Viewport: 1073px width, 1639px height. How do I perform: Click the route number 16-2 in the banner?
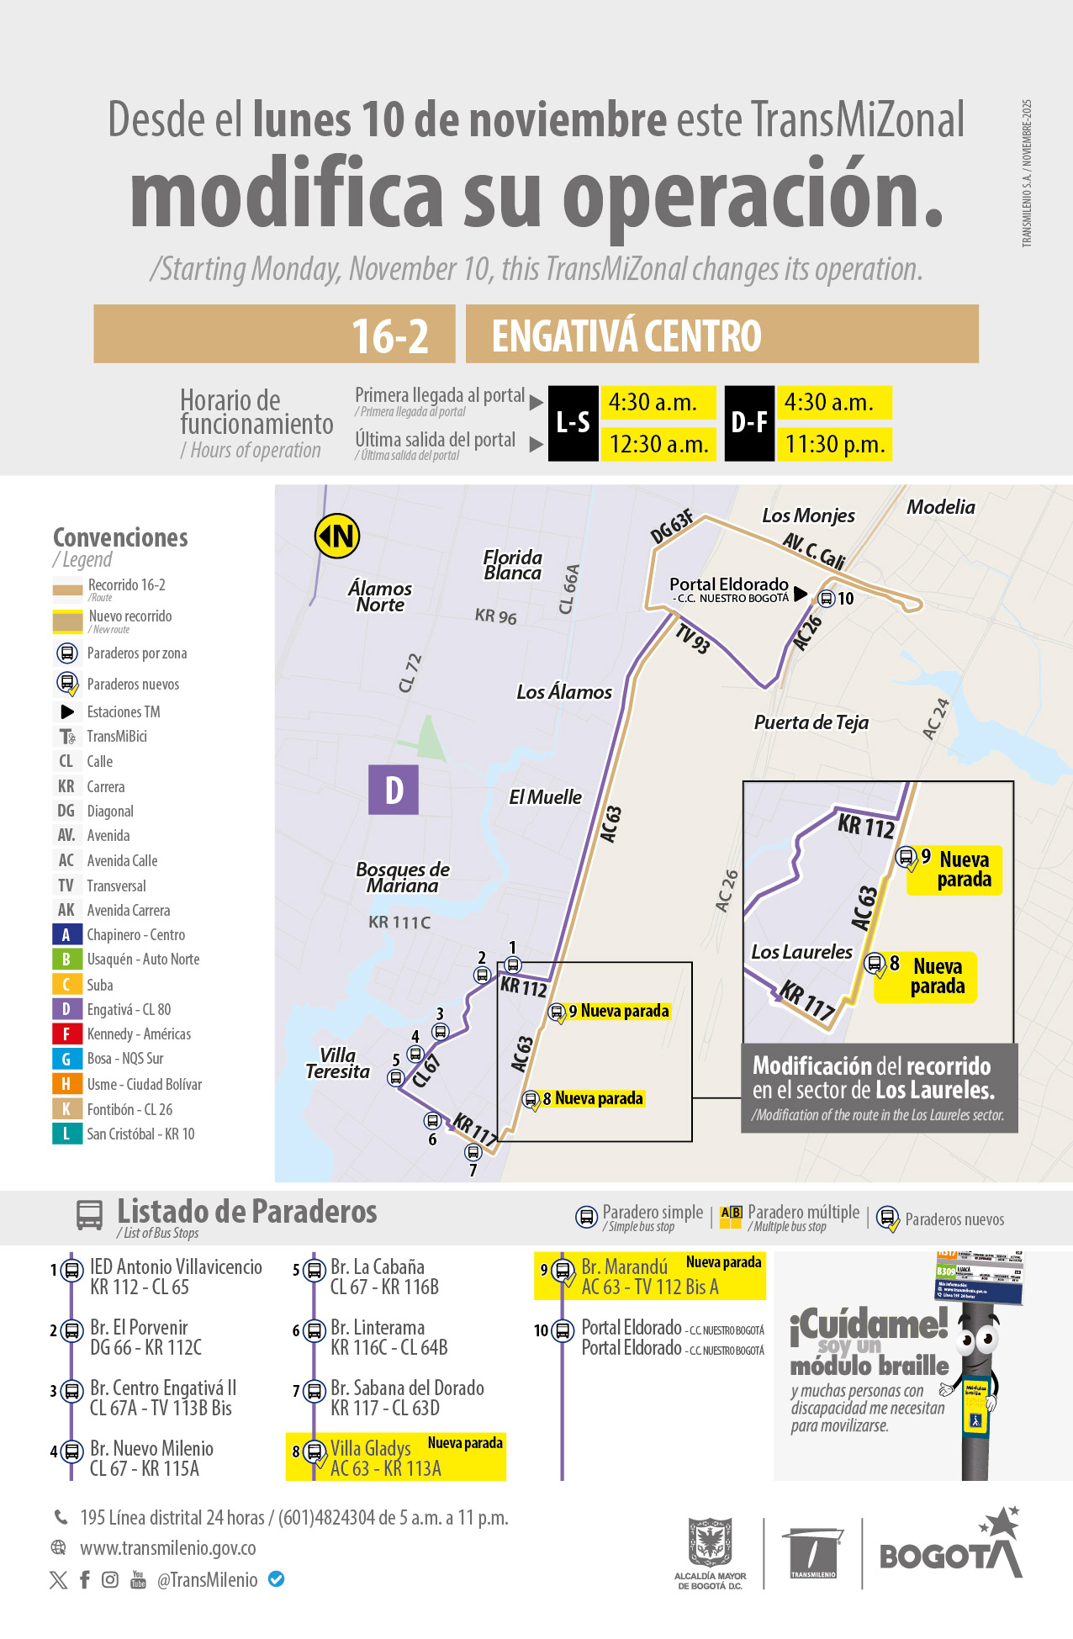click(389, 336)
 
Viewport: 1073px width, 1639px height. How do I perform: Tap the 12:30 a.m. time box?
click(658, 444)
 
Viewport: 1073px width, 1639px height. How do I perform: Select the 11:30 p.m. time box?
click(833, 444)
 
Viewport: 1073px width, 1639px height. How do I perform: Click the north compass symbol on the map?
click(337, 536)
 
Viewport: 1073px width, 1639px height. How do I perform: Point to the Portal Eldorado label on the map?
click(728, 584)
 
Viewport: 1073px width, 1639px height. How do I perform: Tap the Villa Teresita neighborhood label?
click(337, 1063)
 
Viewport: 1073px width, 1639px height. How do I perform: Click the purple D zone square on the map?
click(394, 790)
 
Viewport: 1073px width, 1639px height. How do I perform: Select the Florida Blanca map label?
click(512, 565)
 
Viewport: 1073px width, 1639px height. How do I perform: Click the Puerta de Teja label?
click(811, 722)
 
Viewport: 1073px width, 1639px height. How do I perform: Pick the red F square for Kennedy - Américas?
click(66, 1034)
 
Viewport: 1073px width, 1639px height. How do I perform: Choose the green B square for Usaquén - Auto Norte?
click(66, 959)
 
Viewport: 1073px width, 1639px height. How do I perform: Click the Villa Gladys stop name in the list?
click(370, 1449)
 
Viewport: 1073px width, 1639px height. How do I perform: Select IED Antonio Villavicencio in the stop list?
click(176, 1267)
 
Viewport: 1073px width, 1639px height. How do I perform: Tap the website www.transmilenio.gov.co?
click(167, 1548)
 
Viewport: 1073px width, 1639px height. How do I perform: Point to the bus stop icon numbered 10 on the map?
click(827, 599)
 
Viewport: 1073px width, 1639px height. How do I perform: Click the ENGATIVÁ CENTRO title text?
click(626, 336)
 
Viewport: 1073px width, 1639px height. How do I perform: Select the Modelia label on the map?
click(940, 507)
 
